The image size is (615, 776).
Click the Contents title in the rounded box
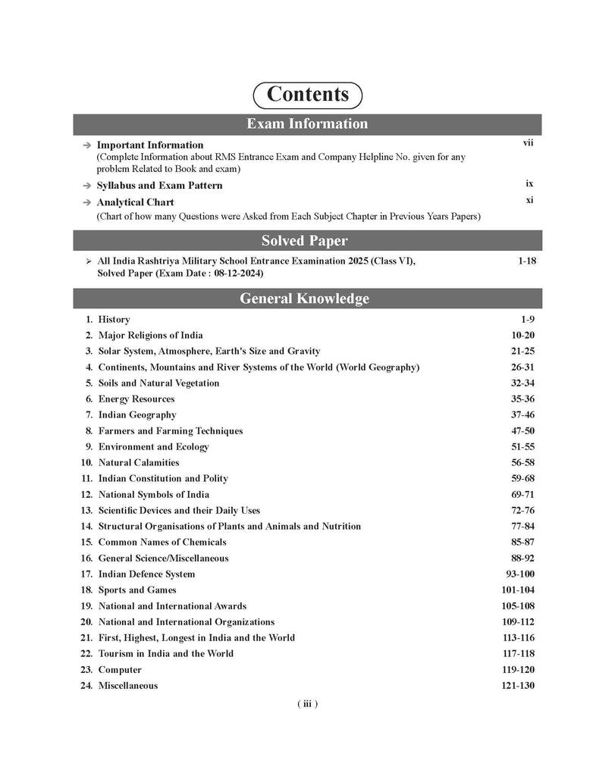point(308,95)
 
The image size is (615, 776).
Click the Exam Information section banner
point(307,124)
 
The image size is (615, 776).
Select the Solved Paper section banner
point(307,241)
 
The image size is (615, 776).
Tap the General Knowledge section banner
point(307,299)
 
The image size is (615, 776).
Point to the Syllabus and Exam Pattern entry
point(159,186)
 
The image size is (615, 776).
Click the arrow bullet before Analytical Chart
point(87,203)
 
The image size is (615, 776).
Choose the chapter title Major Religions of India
point(150,335)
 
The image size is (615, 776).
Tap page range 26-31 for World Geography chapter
point(522,367)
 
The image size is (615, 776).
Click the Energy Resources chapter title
point(136,399)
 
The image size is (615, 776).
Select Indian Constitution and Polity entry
point(163,478)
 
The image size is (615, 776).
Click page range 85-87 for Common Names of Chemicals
point(522,542)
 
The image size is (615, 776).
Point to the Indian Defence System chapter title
point(146,574)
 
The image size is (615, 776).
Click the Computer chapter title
point(120,670)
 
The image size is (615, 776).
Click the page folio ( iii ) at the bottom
point(306,704)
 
